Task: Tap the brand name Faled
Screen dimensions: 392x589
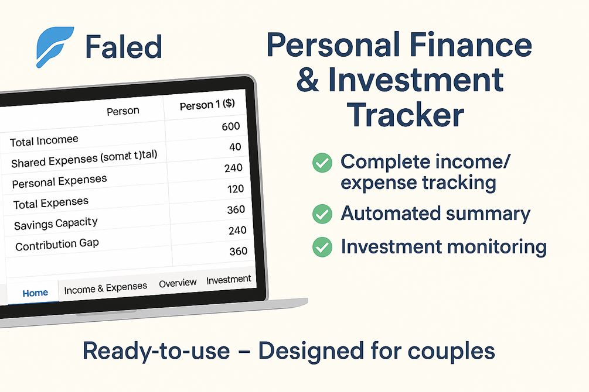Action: click(123, 47)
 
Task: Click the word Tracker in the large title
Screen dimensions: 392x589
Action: click(406, 115)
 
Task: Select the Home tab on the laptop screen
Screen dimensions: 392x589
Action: click(35, 293)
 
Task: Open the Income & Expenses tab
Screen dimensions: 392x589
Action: click(105, 288)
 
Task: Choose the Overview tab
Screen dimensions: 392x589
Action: click(178, 283)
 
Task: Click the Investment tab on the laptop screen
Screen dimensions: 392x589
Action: click(229, 280)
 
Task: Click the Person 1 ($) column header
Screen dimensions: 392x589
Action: click(207, 105)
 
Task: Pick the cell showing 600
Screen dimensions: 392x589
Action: click(231, 126)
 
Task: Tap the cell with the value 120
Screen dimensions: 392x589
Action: click(236, 188)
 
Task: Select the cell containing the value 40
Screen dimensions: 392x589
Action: click(235, 147)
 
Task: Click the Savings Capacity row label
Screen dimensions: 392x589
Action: click(56, 224)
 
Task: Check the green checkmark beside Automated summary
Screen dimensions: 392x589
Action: click(321, 214)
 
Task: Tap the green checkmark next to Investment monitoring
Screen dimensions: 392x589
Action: click(321, 247)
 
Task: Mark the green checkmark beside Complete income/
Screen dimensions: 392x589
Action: click(321, 163)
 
